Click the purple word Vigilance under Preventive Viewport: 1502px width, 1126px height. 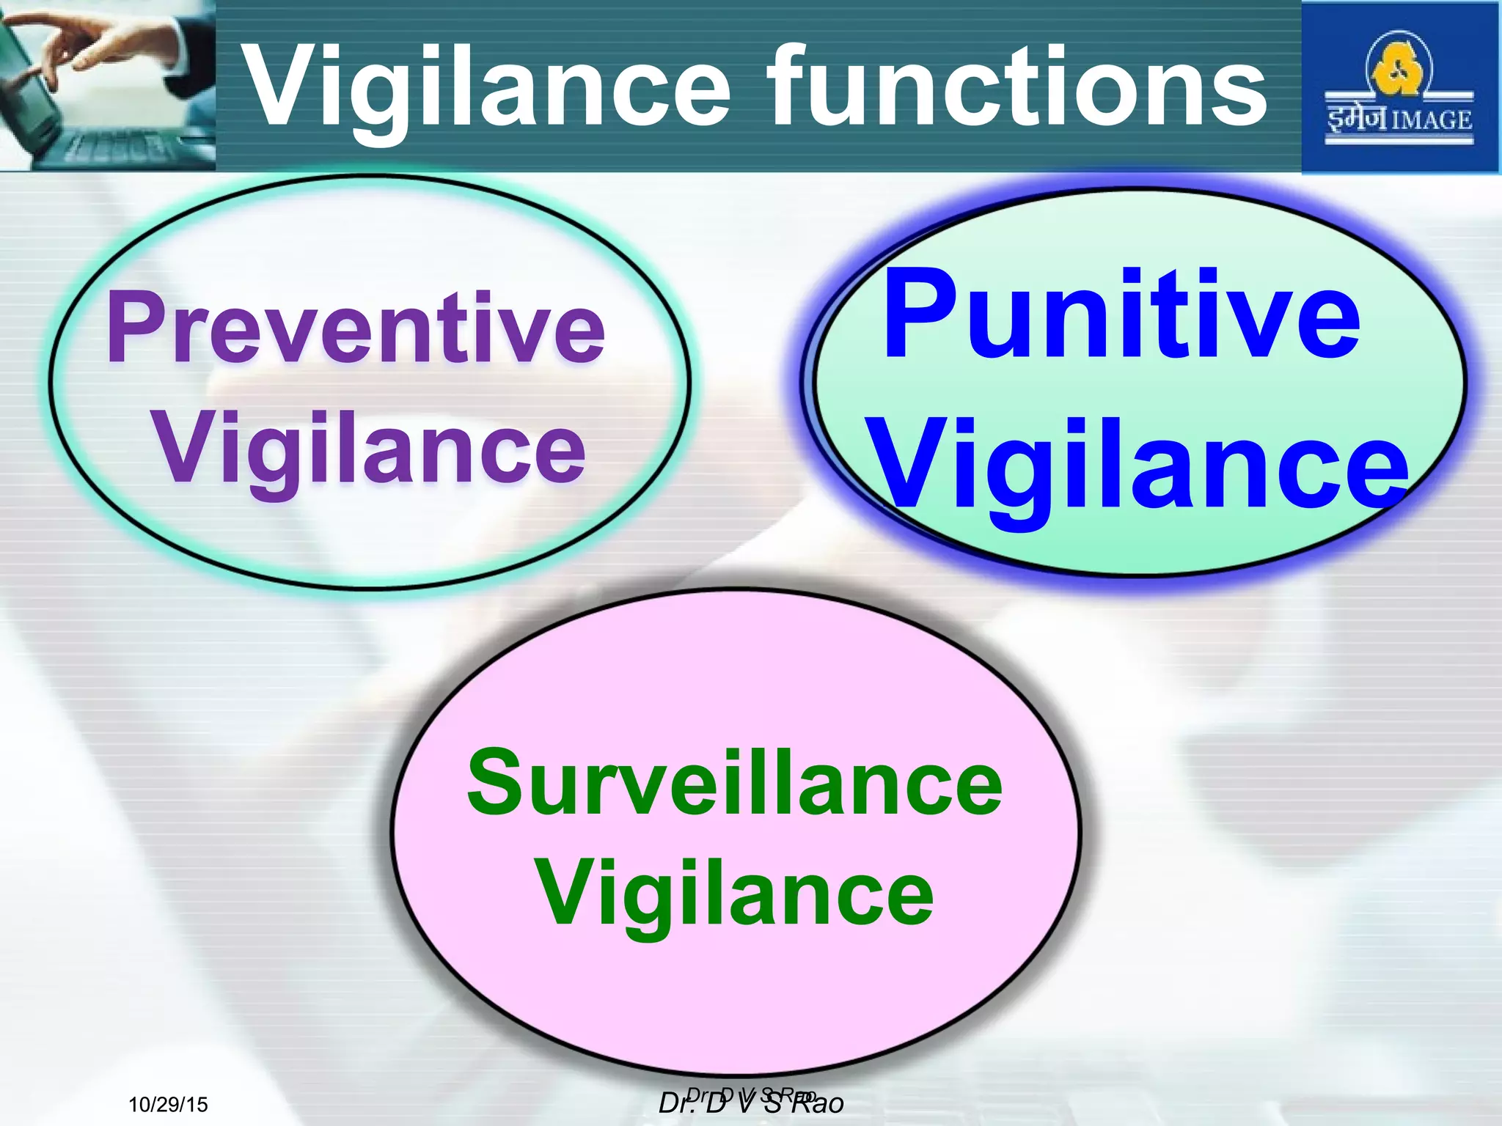click(x=370, y=449)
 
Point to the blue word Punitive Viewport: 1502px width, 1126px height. click(x=1122, y=315)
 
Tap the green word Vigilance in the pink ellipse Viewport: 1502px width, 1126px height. click(x=735, y=896)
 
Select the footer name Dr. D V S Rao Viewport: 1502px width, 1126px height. click(x=751, y=1102)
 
